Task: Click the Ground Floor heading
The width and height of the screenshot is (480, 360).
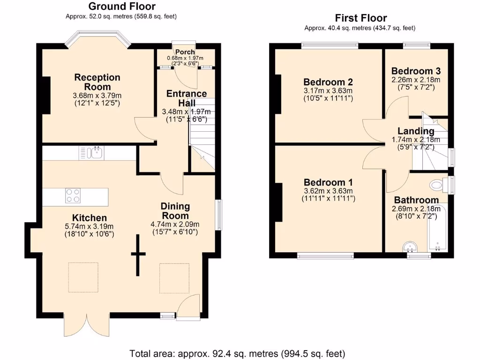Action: (x=121, y=6)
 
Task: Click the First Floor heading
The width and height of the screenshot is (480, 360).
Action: (x=360, y=18)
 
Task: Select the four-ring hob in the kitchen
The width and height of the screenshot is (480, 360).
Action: (x=72, y=195)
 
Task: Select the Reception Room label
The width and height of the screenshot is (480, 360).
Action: (x=97, y=82)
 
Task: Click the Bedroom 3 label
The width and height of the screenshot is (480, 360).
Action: (x=416, y=71)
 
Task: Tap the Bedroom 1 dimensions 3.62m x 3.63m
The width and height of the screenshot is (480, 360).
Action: (x=328, y=191)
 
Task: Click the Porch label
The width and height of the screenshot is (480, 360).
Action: (x=186, y=52)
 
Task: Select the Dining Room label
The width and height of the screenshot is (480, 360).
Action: (x=175, y=211)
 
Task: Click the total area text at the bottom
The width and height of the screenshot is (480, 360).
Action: (x=237, y=352)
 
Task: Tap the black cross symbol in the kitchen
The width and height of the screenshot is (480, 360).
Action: (x=138, y=255)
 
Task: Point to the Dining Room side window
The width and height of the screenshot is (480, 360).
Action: (x=218, y=215)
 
